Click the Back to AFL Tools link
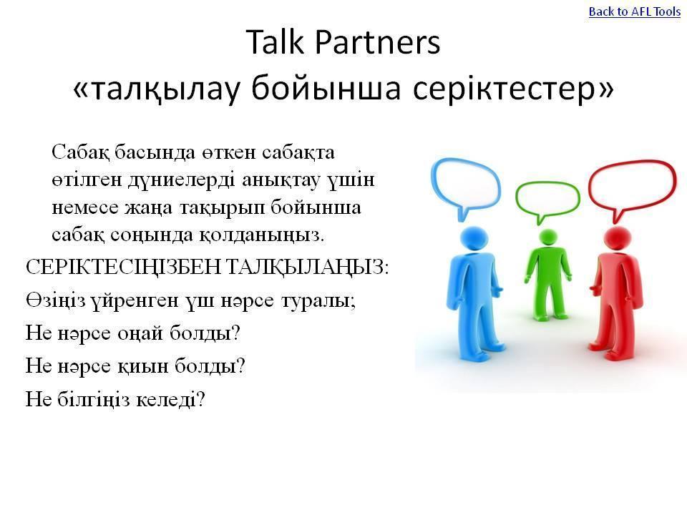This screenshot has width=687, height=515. coord(635,12)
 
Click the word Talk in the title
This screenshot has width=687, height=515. coord(275,42)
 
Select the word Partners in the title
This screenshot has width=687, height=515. coord(377,42)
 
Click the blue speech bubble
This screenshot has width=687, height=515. coord(466,188)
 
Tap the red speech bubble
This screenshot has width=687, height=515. coord(632,188)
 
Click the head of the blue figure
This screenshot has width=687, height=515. coord(474,239)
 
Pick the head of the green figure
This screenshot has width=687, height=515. coord(547,237)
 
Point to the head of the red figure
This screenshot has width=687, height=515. coord(617,239)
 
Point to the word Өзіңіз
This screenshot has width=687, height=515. coord(56,300)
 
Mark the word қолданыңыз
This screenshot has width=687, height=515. coord(262,235)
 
